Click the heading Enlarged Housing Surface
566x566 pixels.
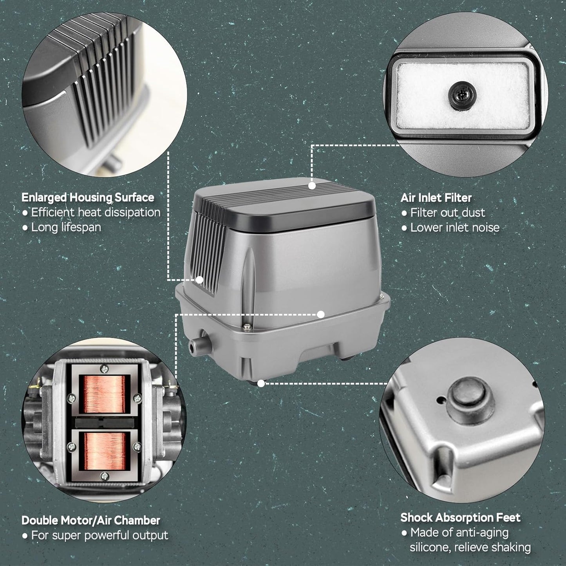tap(88, 197)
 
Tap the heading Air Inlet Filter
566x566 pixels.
tap(436, 198)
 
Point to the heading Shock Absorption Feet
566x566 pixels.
tap(460, 517)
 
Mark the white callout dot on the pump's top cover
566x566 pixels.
tap(312, 186)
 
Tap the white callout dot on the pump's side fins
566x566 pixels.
tap(199, 280)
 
